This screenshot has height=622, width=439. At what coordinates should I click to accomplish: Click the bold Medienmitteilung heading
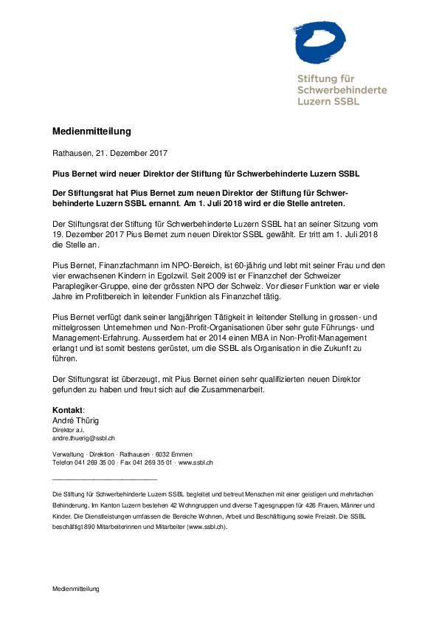pos(91,131)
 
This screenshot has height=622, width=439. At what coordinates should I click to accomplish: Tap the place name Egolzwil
pos(197,273)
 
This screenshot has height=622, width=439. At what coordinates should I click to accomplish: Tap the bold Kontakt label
pos(68,410)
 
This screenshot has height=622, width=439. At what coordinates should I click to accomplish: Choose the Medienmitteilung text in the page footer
pos(75,589)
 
